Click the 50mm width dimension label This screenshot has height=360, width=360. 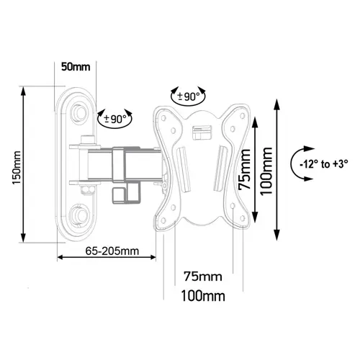[x=76, y=67]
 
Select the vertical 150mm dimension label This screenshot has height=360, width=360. [x=17, y=168]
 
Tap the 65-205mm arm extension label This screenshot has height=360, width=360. [x=112, y=251]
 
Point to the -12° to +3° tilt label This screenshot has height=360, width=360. [x=324, y=164]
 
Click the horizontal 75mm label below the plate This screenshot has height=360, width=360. [x=203, y=276]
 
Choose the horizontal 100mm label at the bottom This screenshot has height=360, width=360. [x=203, y=296]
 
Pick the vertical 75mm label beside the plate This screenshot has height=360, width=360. [x=245, y=169]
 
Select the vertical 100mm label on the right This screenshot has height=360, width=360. [x=266, y=171]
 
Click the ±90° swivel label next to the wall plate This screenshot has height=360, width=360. [x=115, y=119]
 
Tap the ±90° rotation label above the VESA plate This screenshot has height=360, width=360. [x=189, y=96]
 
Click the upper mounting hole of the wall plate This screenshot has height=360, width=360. [x=80, y=112]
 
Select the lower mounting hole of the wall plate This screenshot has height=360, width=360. [x=80, y=215]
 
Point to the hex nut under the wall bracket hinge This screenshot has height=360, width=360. [x=86, y=189]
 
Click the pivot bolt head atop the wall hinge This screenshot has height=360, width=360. [x=87, y=140]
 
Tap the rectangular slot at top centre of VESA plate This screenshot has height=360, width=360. [x=202, y=132]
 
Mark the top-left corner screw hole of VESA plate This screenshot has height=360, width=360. [x=163, y=118]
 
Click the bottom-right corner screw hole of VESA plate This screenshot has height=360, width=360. [x=243, y=218]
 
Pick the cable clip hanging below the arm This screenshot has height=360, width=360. [x=126, y=192]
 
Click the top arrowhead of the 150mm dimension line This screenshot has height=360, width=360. [x=23, y=91]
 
